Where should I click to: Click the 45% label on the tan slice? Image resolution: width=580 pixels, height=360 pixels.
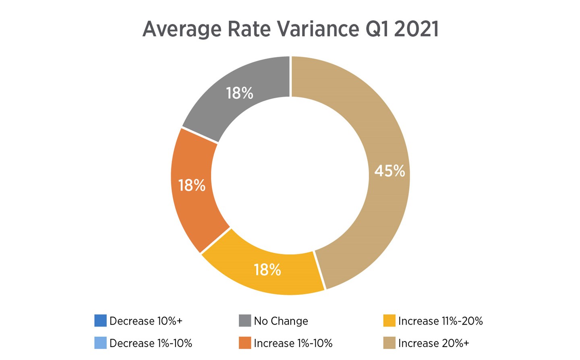pyautogui.click(x=389, y=171)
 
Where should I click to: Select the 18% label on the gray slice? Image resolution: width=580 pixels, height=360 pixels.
pyautogui.click(x=240, y=93)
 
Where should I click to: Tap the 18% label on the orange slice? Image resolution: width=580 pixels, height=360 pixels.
pyautogui.click(x=192, y=186)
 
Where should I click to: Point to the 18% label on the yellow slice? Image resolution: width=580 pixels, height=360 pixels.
pyautogui.click(x=267, y=270)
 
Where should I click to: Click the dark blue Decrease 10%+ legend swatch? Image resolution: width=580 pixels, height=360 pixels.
pyautogui.click(x=100, y=321)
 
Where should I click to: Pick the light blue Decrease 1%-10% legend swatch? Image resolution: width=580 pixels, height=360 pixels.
pyautogui.click(x=100, y=343)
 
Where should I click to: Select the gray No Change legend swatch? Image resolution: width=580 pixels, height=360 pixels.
pyautogui.click(x=245, y=321)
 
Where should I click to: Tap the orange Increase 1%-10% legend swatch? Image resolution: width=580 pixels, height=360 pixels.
pyautogui.click(x=245, y=343)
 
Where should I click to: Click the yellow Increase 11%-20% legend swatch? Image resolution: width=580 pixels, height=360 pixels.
pyautogui.click(x=389, y=321)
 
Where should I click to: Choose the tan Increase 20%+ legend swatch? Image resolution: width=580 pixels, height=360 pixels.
pyautogui.click(x=389, y=343)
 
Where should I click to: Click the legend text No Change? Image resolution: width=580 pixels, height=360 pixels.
pyautogui.click(x=281, y=321)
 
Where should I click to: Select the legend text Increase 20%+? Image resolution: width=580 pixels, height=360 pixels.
pyautogui.click(x=433, y=343)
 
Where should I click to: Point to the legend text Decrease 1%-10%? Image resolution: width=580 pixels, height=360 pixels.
pyautogui.click(x=151, y=343)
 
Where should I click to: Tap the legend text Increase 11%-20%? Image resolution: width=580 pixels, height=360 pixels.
pyautogui.click(x=440, y=321)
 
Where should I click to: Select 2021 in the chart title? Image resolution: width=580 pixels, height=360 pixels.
pyautogui.click(x=416, y=29)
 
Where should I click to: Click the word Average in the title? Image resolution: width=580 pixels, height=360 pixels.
pyautogui.click(x=182, y=29)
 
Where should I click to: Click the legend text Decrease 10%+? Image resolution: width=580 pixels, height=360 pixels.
pyautogui.click(x=146, y=321)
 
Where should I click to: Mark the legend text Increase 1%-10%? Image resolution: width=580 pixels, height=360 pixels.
pyautogui.click(x=293, y=343)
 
